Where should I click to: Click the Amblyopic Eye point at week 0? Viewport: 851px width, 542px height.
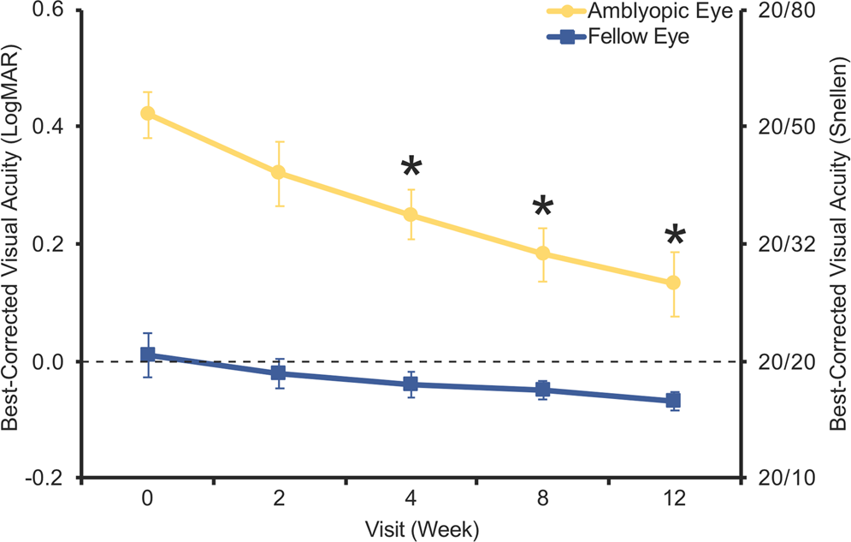[147, 113]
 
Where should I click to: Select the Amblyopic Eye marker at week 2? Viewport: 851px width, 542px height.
[279, 172]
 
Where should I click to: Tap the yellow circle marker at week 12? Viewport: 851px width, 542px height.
[673, 283]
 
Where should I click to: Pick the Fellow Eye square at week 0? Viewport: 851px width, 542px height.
[147, 354]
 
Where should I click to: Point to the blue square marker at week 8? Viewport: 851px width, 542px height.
[541, 390]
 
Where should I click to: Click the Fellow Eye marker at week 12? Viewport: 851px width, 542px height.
[673, 400]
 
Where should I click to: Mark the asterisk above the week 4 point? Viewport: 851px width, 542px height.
[411, 166]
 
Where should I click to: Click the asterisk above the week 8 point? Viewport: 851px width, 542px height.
[542, 205]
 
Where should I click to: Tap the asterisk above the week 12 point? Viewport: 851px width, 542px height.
[674, 235]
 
